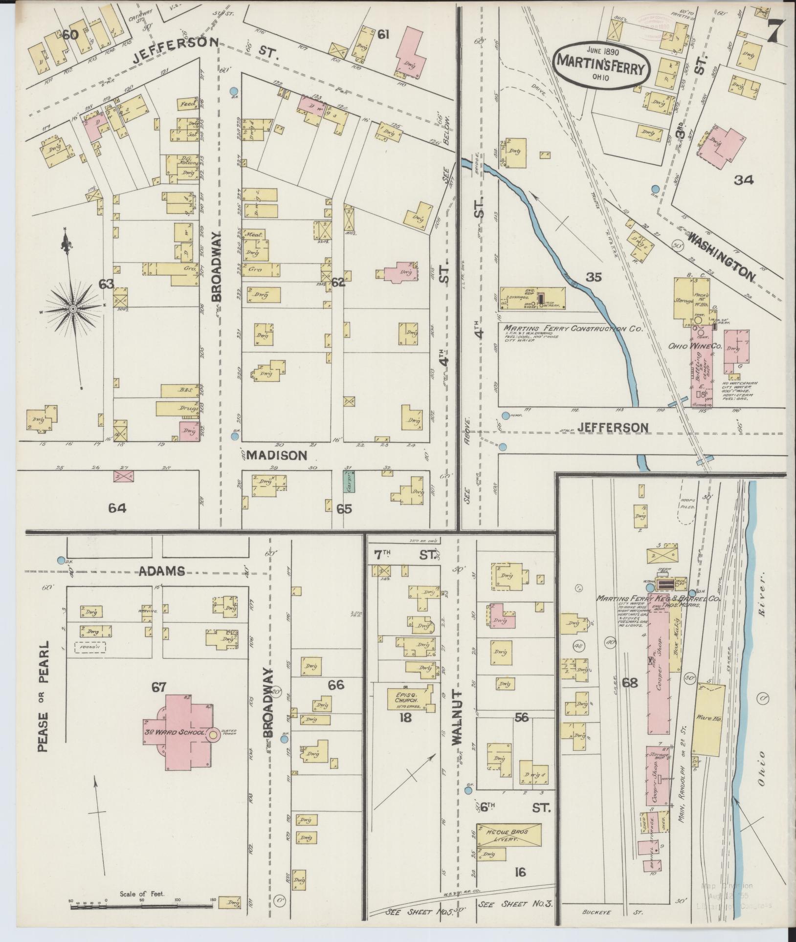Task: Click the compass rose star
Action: point(72,308)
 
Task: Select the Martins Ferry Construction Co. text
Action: point(573,329)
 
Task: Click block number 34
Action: point(743,180)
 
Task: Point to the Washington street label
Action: point(721,257)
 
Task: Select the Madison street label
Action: point(277,455)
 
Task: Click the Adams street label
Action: point(162,570)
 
